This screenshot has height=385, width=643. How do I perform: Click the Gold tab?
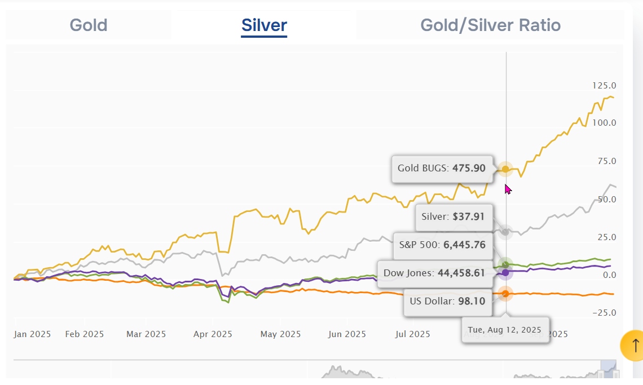[x=89, y=25]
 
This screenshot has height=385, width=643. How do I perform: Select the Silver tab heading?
[x=264, y=25]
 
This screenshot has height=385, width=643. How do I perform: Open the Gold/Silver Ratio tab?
[x=491, y=25]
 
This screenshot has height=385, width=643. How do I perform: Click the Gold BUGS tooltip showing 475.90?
[x=442, y=169]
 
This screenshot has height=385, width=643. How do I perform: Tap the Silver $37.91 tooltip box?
[x=454, y=217]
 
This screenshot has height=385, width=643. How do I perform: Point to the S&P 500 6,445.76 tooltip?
[x=443, y=245]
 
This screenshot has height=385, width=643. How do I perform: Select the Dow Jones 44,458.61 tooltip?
[x=435, y=273]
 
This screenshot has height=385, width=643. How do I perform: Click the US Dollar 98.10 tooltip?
[x=448, y=302]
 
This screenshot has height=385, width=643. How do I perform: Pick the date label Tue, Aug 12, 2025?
[x=505, y=330]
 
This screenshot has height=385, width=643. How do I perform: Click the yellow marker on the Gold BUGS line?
[x=505, y=169]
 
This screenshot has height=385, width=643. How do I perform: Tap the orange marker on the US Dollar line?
[x=505, y=294]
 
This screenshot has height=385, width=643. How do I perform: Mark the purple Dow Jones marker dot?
[x=505, y=273]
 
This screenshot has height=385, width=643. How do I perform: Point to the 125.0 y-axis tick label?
[x=604, y=86]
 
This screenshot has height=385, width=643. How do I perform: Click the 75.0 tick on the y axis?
[x=607, y=161]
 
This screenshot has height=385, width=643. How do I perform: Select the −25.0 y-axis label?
[x=604, y=313]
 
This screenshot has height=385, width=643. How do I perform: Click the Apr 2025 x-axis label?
[x=213, y=334]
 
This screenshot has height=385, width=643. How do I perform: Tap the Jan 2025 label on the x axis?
[x=32, y=334]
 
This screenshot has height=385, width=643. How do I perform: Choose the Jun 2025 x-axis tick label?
[x=347, y=334]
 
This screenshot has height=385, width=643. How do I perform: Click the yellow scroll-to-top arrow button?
[x=633, y=345]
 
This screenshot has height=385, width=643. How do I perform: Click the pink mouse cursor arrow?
[x=508, y=189]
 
